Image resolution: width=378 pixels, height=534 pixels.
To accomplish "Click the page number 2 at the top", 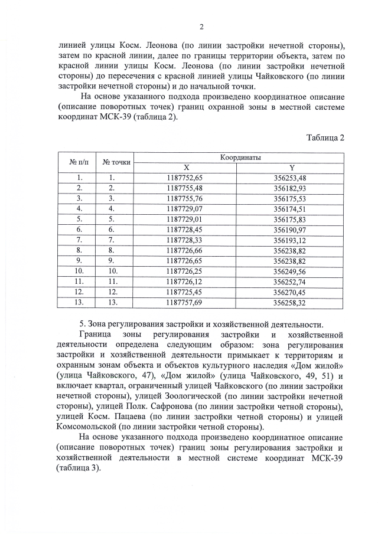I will pyautogui.click(x=201, y=27).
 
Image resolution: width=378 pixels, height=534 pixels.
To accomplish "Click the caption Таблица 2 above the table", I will pyautogui.click(x=325, y=138).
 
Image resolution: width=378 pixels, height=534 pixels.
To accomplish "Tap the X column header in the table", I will pyautogui.click(x=185, y=168).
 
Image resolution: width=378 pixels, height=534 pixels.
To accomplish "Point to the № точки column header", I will pyautogui.click(x=116, y=162).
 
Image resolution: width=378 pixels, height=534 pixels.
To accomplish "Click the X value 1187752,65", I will pyautogui.click(x=184, y=177).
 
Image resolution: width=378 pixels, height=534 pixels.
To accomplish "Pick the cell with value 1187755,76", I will pyautogui.click(x=184, y=198).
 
